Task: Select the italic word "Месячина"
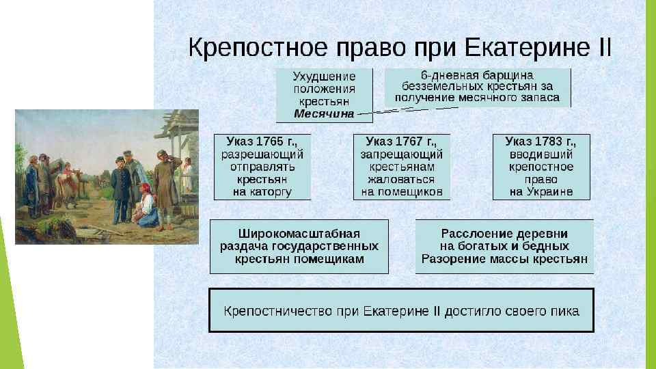tap(325, 114)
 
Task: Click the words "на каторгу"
tap(262, 192)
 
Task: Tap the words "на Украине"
tap(541, 192)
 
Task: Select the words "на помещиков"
tap(402, 192)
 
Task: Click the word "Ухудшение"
tap(325, 76)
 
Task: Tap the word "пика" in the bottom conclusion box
tap(565, 311)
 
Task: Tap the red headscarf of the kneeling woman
tap(144, 187)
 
